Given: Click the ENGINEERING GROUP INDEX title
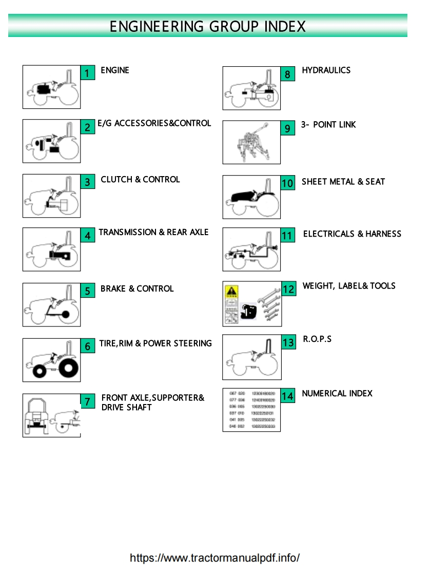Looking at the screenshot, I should click(x=208, y=26).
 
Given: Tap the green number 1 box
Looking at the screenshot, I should click(x=87, y=73).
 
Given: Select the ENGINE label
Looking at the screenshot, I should click(x=115, y=70).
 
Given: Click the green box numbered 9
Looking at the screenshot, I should click(x=288, y=128).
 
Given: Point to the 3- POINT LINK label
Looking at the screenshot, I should click(x=328, y=125).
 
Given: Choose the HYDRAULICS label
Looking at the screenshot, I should click(x=326, y=70).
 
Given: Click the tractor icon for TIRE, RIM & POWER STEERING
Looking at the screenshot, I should click(x=51, y=360).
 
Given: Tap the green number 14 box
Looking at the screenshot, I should click(x=288, y=396).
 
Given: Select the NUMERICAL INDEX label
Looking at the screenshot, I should click(x=337, y=394).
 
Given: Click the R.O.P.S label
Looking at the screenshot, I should click(x=317, y=339).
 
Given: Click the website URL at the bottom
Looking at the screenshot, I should click(x=214, y=558).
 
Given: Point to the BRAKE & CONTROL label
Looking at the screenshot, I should click(x=137, y=289).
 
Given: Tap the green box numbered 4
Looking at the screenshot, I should click(x=88, y=236).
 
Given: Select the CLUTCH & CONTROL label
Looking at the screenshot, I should click(x=140, y=180).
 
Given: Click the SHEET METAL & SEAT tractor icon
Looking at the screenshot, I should click(x=251, y=197).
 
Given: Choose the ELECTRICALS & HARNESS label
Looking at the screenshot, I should click(x=352, y=234).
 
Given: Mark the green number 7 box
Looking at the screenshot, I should click(x=88, y=401).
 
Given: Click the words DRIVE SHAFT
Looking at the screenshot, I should click(x=127, y=408).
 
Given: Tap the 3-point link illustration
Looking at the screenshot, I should click(x=251, y=142).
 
